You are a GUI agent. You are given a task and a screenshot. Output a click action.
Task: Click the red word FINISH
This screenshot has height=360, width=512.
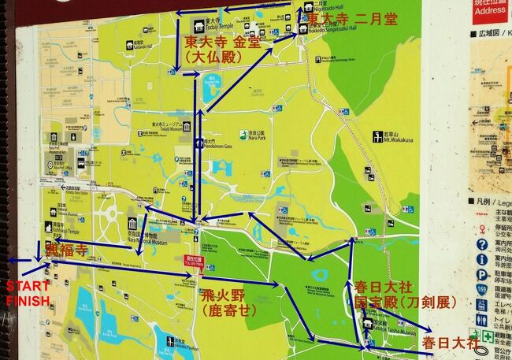28,300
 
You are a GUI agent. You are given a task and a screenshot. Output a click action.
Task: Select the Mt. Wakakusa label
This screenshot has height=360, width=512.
387,136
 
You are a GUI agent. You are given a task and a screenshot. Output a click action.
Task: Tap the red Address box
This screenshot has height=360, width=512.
490,9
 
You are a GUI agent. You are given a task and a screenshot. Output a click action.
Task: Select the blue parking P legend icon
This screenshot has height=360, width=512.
482,276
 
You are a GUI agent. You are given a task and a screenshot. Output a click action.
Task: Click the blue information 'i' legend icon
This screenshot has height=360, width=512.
482,259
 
